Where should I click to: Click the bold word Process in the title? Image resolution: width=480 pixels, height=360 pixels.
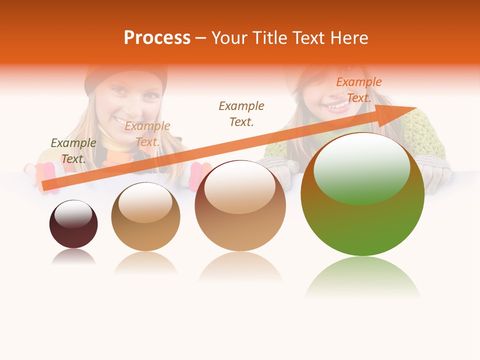(157, 38)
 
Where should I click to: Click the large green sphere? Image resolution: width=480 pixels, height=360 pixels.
(362, 220)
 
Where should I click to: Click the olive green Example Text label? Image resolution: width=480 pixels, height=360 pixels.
(73, 150)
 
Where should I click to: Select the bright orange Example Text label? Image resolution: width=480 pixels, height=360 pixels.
(359, 90)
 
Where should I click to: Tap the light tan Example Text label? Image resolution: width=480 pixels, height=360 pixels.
(147, 134)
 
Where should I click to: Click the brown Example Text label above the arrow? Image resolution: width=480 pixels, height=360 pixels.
(241, 113)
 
